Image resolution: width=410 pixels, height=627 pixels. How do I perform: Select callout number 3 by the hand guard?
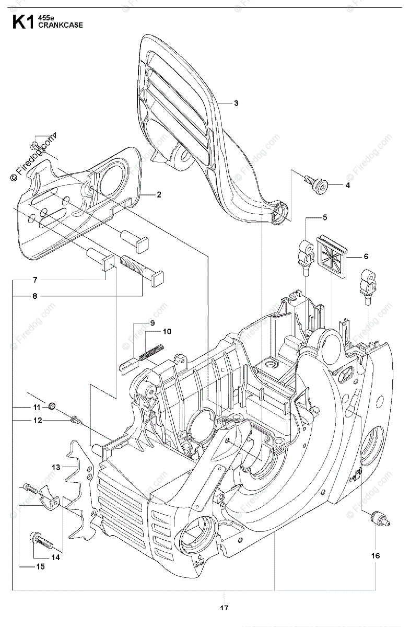pyautogui.click(x=236, y=103)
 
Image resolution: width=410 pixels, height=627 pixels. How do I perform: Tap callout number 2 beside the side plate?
pyautogui.click(x=158, y=195)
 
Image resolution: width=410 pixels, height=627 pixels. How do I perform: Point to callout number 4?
pyautogui.click(x=347, y=185)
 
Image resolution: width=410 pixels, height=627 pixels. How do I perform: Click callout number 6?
pyautogui.click(x=366, y=257)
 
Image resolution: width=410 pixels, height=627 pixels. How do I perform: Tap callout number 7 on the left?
pyautogui.click(x=35, y=280)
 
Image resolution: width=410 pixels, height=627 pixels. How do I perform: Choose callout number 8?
pyautogui.click(x=35, y=296)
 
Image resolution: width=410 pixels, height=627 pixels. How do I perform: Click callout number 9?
pyautogui.click(x=153, y=323)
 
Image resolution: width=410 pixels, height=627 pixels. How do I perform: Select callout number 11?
pyautogui.click(x=37, y=407)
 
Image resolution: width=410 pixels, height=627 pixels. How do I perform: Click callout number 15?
pyautogui.click(x=26, y=566)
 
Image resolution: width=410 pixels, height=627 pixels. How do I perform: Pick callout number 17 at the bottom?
pyautogui.click(x=224, y=607)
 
